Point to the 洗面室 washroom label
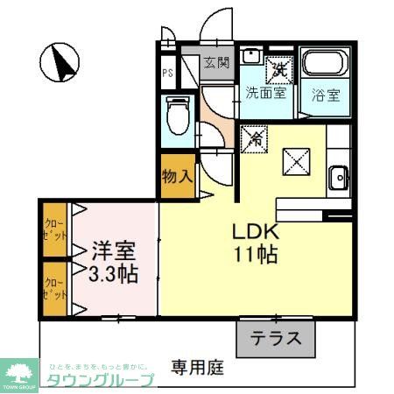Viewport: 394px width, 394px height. point(264,92)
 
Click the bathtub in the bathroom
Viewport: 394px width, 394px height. point(327,65)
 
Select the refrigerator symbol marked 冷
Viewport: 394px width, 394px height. point(257,136)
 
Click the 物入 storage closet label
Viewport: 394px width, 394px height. point(178,175)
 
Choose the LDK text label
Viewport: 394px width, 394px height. point(254,233)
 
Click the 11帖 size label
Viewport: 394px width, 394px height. point(255,256)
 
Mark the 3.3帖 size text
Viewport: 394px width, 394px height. point(112,273)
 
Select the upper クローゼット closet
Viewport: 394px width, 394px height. point(55,230)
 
